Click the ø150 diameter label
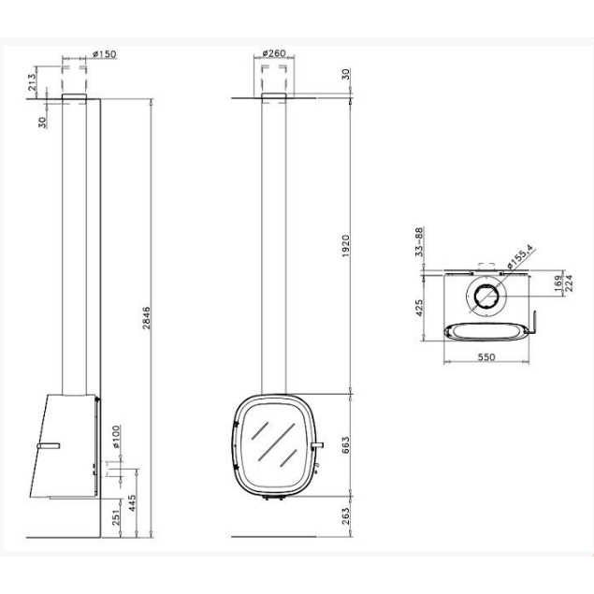coord(105,54)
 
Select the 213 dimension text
coord(32,81)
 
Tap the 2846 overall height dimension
coord(146,318)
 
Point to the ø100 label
coord(116,437)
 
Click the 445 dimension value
coord(132,502)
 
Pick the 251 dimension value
coord(116,516)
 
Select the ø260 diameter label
coord(273,53)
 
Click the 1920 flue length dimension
coord(345,246)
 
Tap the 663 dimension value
coord(345,444)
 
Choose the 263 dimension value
coord(345,516)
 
